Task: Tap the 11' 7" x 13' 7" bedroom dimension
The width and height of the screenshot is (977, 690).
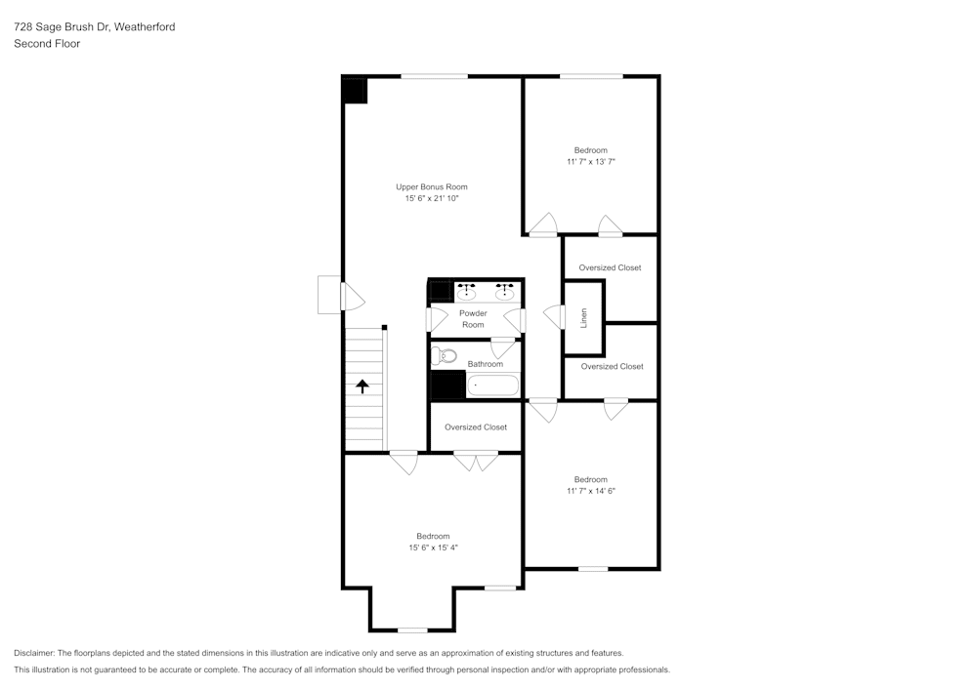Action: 590,161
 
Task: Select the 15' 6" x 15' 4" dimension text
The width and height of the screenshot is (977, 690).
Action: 433,548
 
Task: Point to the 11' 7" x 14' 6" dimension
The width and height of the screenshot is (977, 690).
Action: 590,491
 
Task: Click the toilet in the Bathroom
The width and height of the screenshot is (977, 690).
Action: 445,355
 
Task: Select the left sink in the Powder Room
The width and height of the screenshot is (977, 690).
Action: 467,291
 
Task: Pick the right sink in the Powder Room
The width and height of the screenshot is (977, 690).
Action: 505,291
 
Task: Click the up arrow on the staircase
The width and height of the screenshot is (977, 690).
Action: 362,386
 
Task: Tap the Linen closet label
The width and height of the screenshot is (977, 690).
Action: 583,317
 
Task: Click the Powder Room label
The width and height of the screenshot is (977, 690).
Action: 473,319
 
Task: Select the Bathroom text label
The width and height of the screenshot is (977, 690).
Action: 485,364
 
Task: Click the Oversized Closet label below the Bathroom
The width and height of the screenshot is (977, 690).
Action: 475,427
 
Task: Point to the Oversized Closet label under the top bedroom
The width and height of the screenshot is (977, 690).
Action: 610,267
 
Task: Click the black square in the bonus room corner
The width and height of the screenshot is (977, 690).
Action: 354,91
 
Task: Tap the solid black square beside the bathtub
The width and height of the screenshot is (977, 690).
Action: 448,386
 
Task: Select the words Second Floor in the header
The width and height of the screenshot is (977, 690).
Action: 47,44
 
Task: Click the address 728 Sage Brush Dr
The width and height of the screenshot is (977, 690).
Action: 61,27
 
